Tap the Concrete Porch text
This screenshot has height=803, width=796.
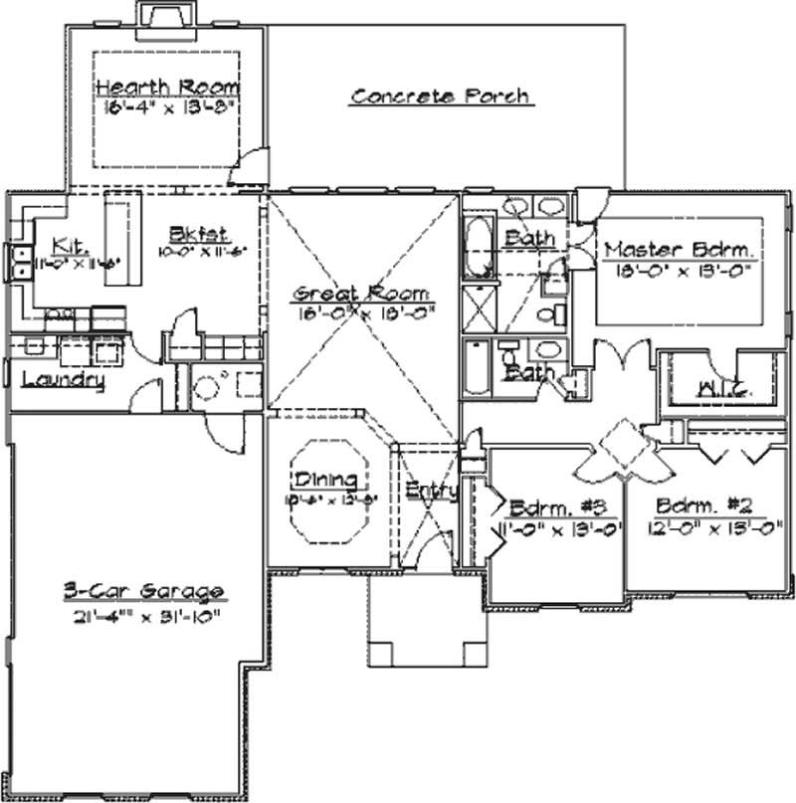pyautogui.click(x=439, y=97)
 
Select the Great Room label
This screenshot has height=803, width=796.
pyautogui.click(x=362, y=294)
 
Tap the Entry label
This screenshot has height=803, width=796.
pyautogui.click(x=431, y=490)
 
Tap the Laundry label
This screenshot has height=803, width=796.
pyautogui.click(x=62, y=379)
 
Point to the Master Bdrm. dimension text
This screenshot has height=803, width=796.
pyautogui.click(x=681, y=270)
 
